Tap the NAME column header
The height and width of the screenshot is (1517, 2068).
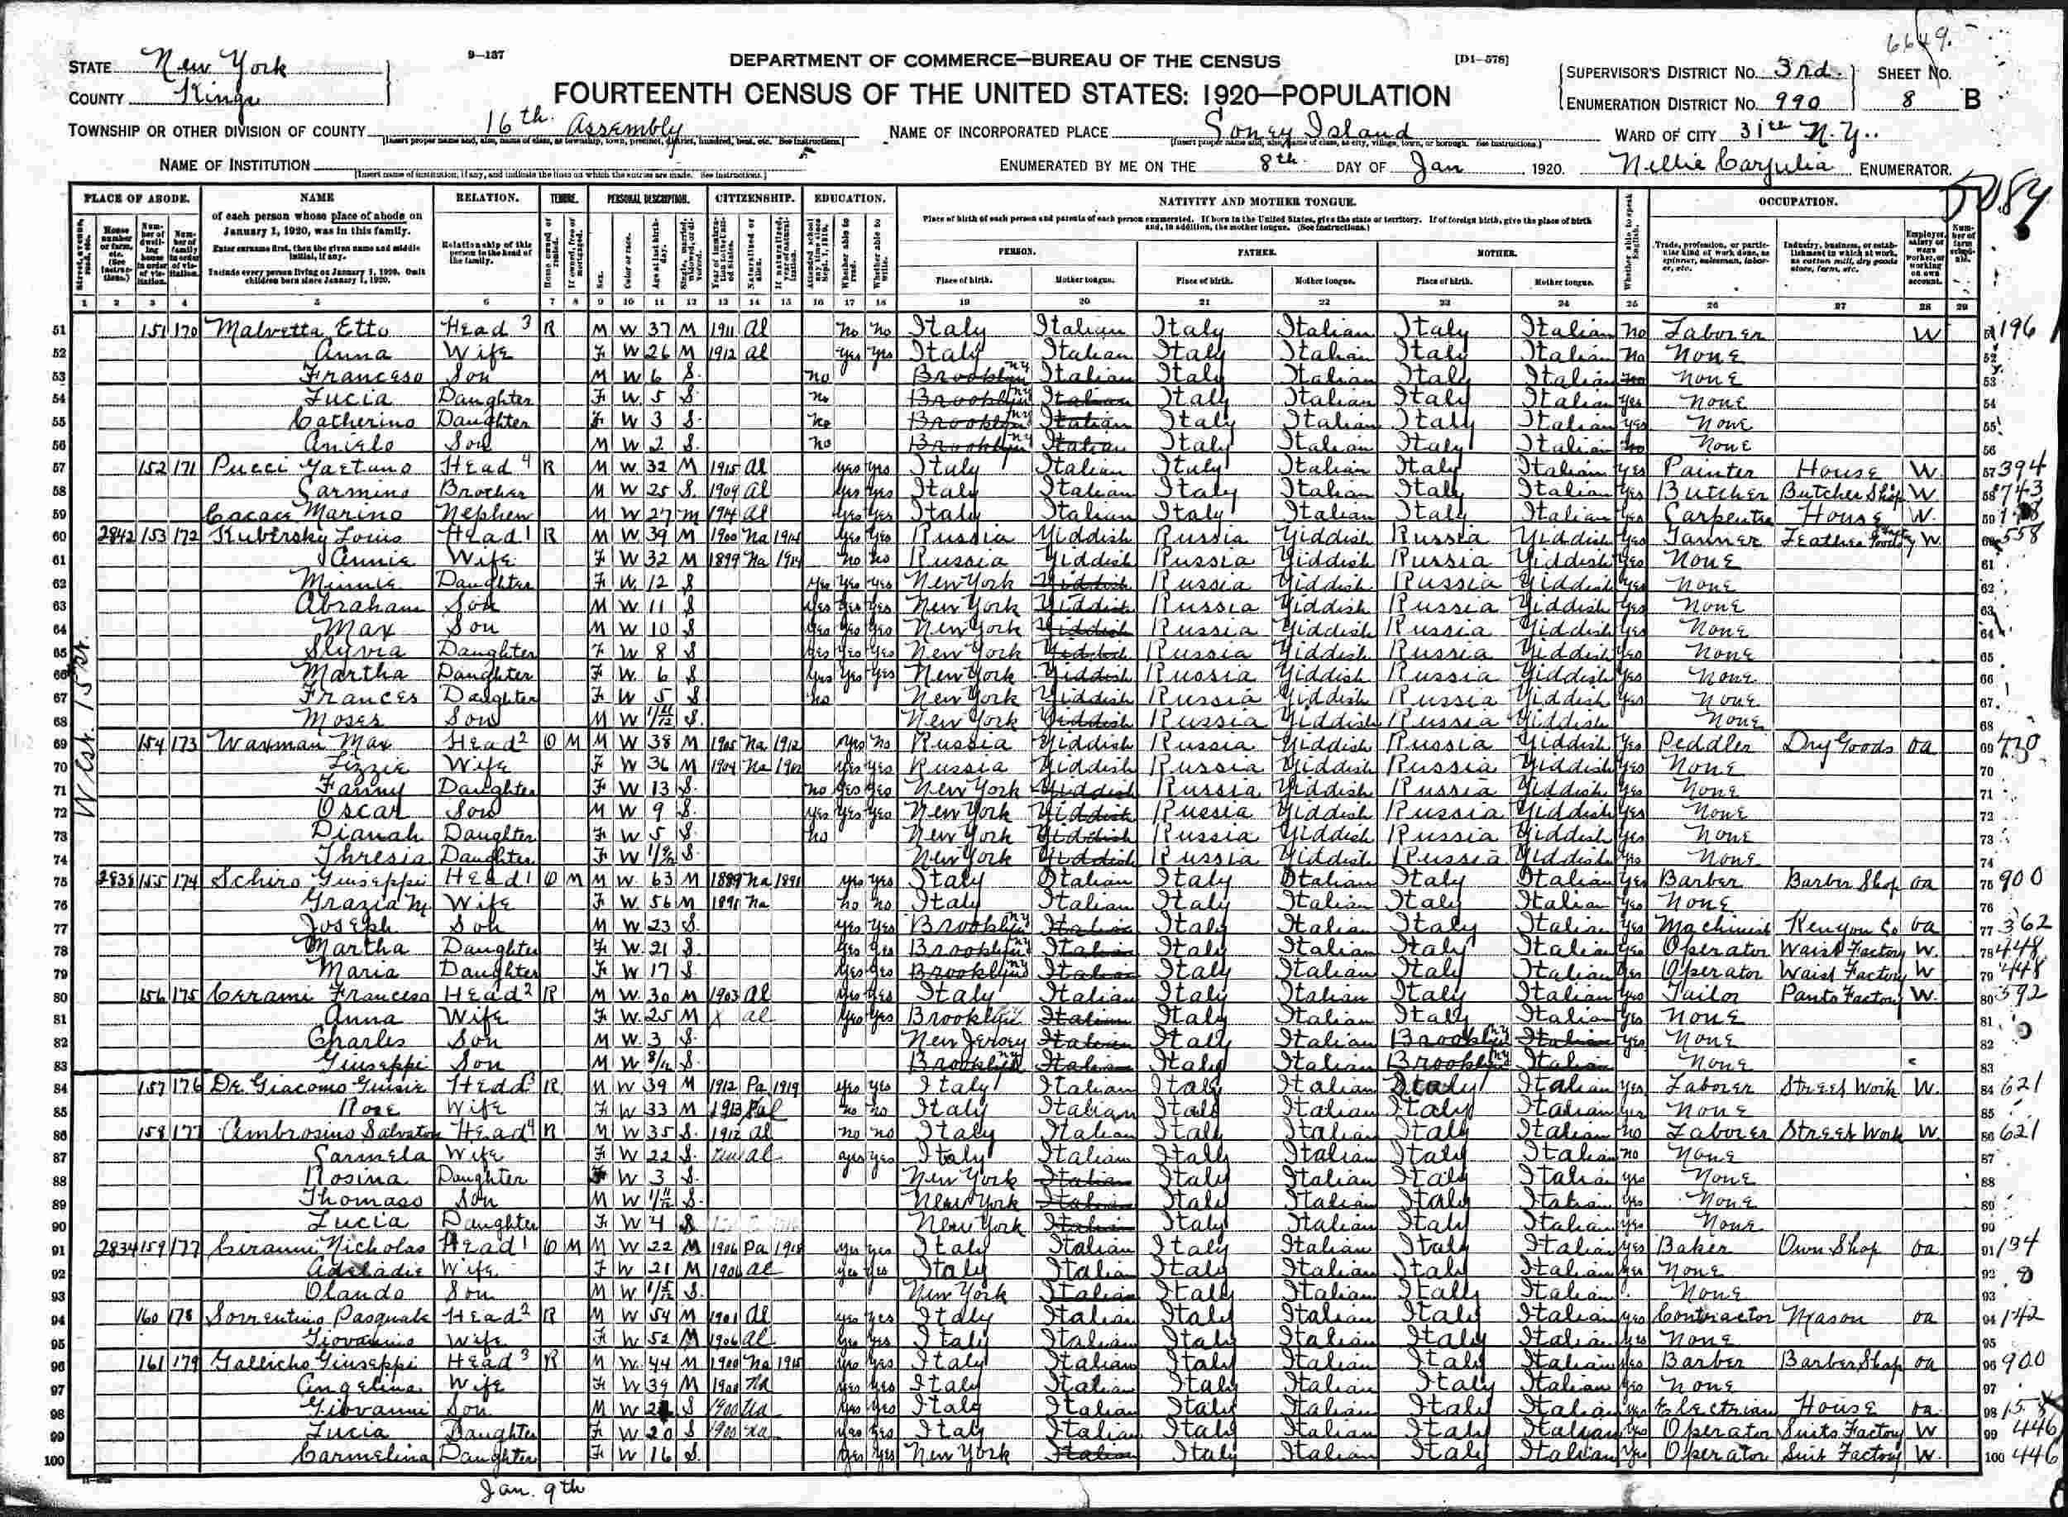click(x=317, y=198)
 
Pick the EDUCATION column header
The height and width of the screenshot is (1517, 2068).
click(x=848, y=198)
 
